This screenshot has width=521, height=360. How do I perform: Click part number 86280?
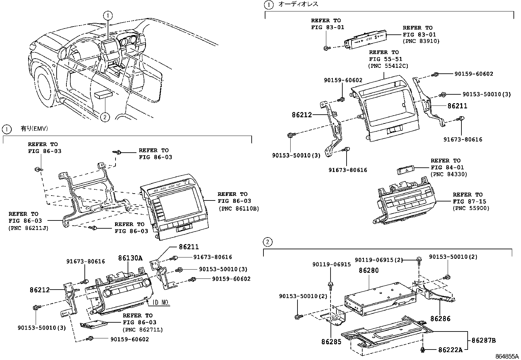368,271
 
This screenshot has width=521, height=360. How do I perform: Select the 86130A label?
130,258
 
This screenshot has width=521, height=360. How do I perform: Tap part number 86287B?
483,341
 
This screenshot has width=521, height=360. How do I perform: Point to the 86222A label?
450,350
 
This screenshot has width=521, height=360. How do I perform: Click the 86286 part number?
440,318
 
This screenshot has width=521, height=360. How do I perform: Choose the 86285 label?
331,342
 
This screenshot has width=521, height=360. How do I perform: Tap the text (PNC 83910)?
421,41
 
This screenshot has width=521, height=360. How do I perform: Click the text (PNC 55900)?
471,208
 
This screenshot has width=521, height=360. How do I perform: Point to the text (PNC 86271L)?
143,329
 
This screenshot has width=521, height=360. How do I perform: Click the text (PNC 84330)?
449,174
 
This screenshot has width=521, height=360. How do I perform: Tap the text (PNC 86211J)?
28,228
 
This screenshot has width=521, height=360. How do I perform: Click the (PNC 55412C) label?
388,66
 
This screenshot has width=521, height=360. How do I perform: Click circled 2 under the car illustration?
104,117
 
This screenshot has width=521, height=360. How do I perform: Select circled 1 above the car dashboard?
108,15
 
